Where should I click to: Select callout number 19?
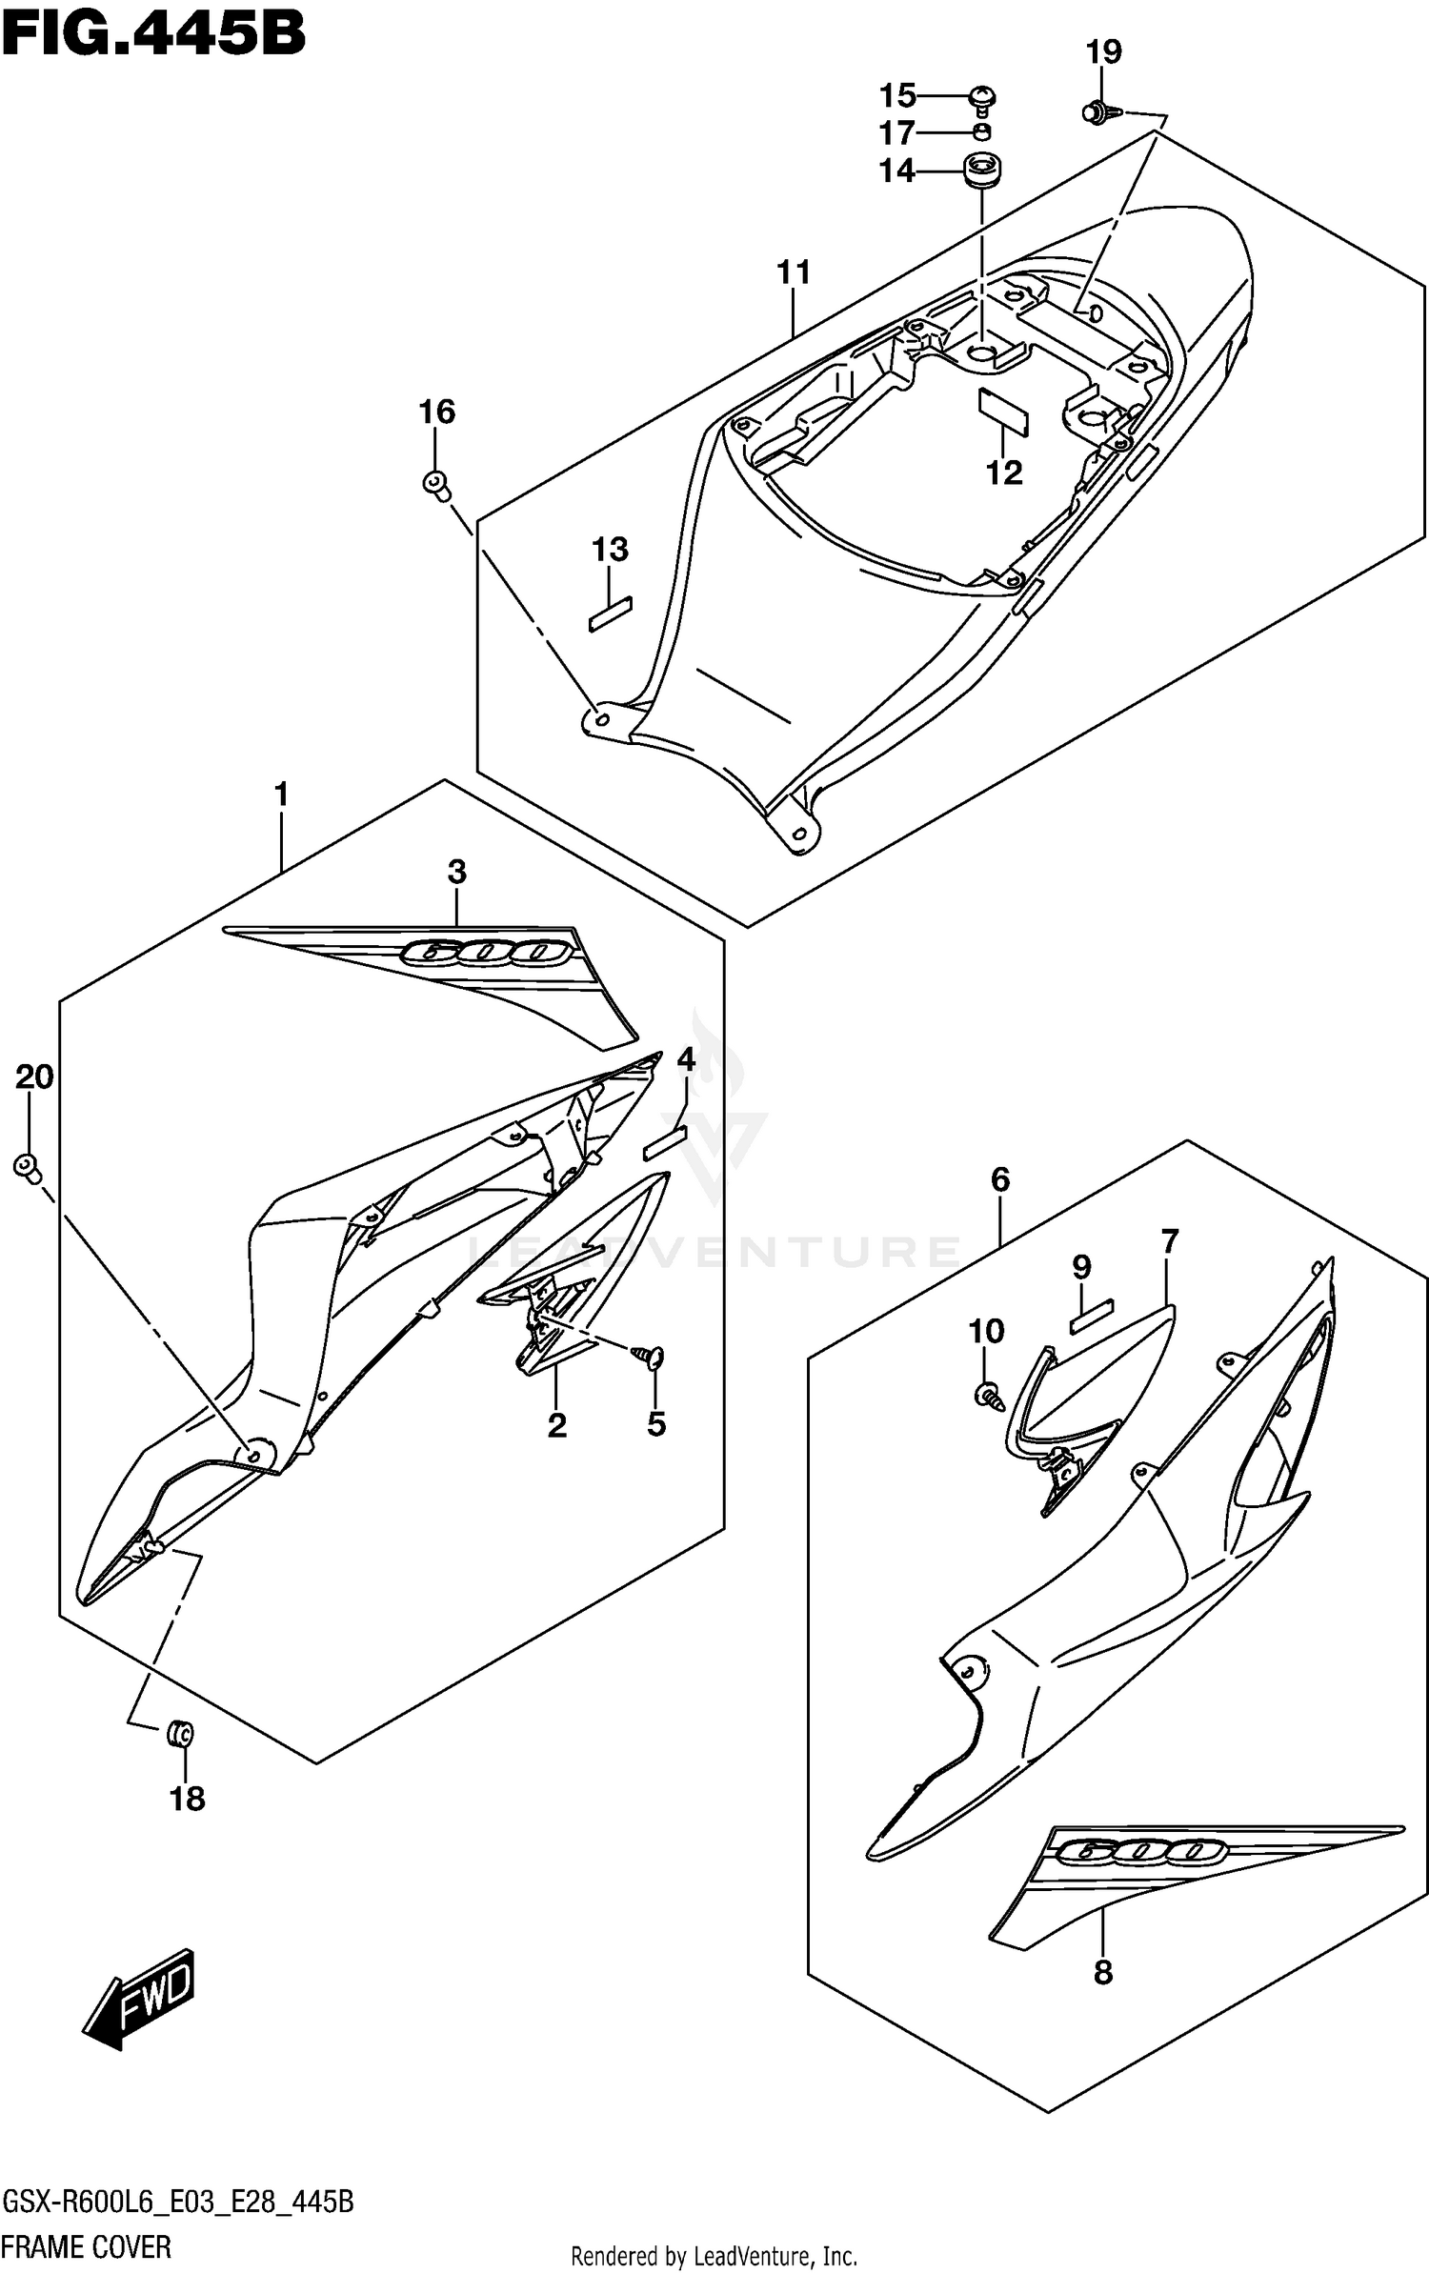tap(1104, 51)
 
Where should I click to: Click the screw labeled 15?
tap(983, 97)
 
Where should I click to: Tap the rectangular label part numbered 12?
tap(1004, 411)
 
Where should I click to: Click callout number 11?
tap(793, 272)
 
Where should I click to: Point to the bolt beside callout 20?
tap(28, 1166)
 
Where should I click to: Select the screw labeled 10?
tap(987, 1397)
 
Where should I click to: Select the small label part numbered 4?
tap(665, 1141)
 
